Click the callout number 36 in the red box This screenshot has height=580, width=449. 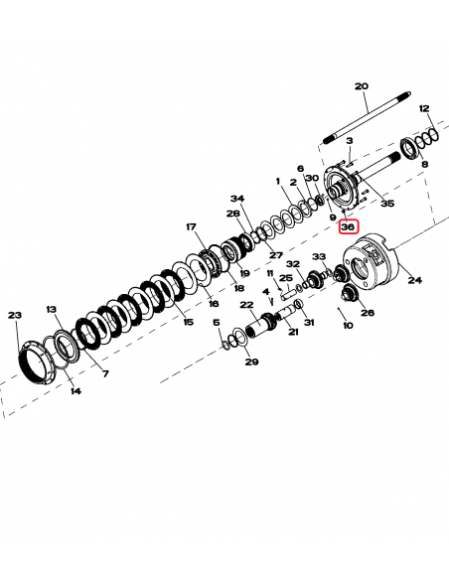click(347, 226)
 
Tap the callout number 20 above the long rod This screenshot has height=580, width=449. click(361, 85)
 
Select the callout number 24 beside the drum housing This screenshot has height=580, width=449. click(414, 280)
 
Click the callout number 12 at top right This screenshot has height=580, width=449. click(424, 107)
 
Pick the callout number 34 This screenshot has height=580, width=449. click(236, 197)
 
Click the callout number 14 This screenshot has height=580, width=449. click(75, 391)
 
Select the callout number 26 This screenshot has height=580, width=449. click(368, 313)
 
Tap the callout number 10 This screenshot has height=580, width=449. click(346, 325)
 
